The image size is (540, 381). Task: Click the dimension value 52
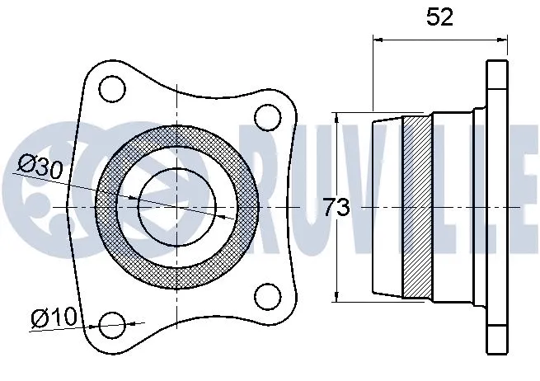[x=440, y=18]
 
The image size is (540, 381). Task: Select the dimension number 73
[x=336, y=209]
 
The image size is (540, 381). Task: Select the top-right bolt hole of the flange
[x=267, y=116]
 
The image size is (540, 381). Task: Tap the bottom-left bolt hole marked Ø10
[x=112, y=324]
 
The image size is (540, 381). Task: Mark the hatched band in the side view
[x=416, y=206]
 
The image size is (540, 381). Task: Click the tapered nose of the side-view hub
[x=387, y=206]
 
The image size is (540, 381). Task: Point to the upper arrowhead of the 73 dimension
[x=338, y=119]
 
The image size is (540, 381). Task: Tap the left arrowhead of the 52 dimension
[x=379, y=38]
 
